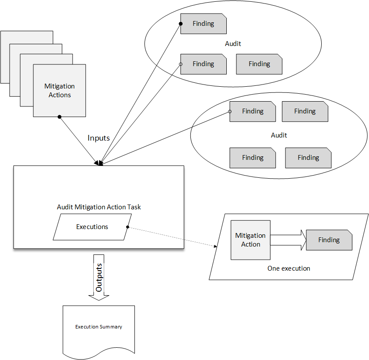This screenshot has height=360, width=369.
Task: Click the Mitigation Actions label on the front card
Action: tap(60, 91)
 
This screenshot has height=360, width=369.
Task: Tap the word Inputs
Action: tap(98, 138)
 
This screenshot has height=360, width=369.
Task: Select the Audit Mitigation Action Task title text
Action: tap(99, 207)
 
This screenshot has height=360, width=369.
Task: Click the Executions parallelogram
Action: tap(92, 227)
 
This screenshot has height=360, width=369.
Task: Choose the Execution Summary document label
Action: tap(98, 327)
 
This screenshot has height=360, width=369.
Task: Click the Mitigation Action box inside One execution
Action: tap(250, 240)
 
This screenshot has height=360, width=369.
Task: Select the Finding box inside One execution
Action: tap(329, 240)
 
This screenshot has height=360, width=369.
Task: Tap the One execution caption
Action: tap(288, 268)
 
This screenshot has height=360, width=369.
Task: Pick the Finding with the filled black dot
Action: tap(204, 24)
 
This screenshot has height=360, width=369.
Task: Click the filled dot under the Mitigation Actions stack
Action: tap(60, 117)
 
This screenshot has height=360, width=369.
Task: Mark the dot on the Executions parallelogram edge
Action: tap(127, 227)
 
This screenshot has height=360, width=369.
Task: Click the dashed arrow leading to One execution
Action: tap(173, 237)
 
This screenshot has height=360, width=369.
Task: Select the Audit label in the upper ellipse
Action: tap(233, 44)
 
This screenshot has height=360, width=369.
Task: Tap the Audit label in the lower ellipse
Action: tap(279, 135)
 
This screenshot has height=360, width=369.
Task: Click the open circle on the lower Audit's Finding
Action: tap(230, 111)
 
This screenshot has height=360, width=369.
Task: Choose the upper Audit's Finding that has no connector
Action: tap(259, 64)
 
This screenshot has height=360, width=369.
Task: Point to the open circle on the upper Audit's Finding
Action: tap(180, 64)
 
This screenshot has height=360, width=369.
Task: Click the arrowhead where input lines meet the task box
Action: tap(100, 163)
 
